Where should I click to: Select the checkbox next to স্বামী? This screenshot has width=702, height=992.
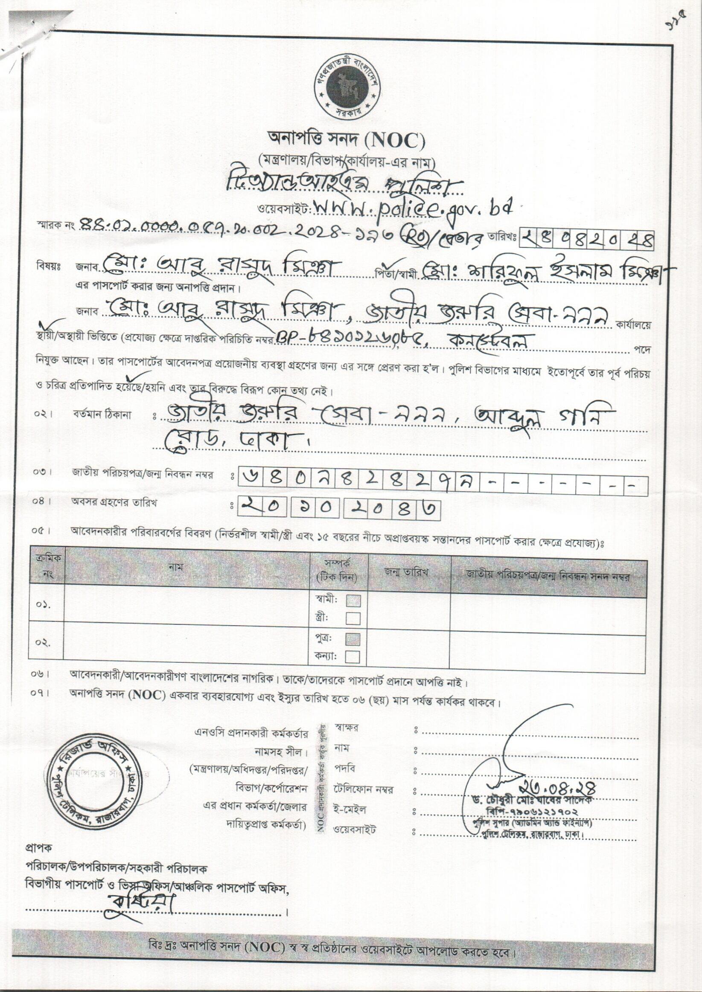click(353, 601)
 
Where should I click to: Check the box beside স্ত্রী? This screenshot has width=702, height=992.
click(353, 618)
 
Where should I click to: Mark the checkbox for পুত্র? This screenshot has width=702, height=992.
click(353, 639)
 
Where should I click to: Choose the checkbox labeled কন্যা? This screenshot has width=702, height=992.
click(353, 657)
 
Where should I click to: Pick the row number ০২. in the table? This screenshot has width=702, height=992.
click(44, 642)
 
